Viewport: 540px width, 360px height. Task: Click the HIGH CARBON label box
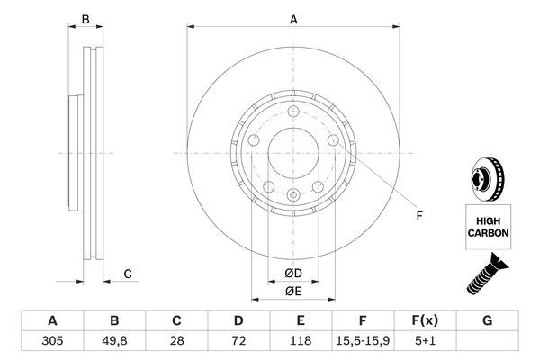pos(488,225)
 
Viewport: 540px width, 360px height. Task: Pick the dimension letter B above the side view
pos(85,19)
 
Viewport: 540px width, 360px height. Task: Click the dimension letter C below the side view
pos(128,274)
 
